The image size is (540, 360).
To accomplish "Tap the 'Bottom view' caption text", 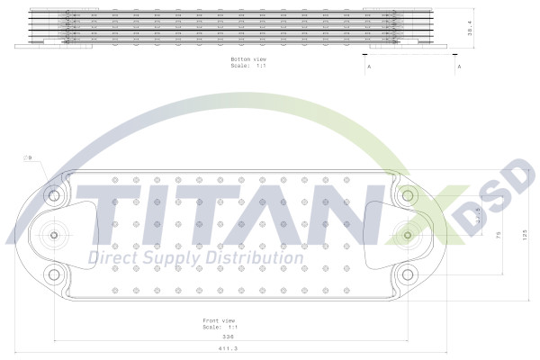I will [248, 59].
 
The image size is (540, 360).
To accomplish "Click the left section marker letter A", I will [369, 67].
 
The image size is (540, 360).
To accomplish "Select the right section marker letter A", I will [459, 67].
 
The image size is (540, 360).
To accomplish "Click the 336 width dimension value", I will [228, 337].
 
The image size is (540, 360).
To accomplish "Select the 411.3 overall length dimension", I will [228, 348].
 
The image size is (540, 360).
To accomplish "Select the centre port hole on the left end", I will [54, 235].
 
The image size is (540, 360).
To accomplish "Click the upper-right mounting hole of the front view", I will [408, 195].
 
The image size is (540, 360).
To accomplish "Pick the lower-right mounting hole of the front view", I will [408, 274].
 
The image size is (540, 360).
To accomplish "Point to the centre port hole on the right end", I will [408, 235].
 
